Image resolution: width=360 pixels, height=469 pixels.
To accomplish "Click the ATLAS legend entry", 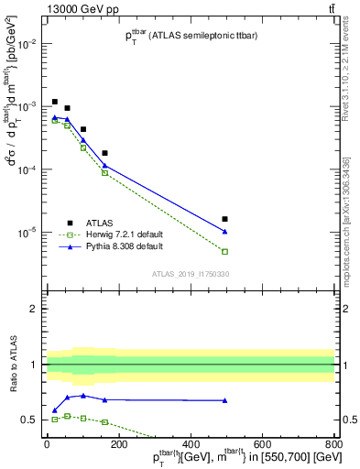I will [x=100, y=222].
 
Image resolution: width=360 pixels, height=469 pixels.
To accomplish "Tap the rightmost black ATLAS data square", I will [x=224, y=219].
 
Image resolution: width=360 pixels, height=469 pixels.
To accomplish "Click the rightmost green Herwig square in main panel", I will [x=224, y=251].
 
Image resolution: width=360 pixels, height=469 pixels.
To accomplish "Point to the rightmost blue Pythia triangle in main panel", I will [x=224, y=231].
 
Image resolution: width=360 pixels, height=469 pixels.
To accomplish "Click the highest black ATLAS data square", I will [x=55, y=102].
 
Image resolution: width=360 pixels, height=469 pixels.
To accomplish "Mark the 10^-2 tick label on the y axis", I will [x=27, y=44].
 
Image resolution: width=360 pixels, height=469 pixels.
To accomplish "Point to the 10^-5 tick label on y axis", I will [x=27, y=233].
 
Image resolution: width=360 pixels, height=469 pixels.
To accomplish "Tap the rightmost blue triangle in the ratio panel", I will [x=224, y=400].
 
